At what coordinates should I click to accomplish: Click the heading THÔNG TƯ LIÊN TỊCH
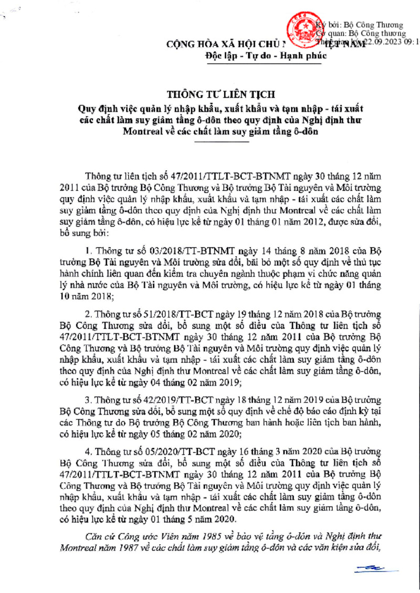(213, 94)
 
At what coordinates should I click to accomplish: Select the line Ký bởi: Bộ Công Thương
(362, 25)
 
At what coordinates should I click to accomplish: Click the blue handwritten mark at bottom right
(369, 568)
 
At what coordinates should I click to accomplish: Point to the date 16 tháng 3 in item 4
(267, 451)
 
